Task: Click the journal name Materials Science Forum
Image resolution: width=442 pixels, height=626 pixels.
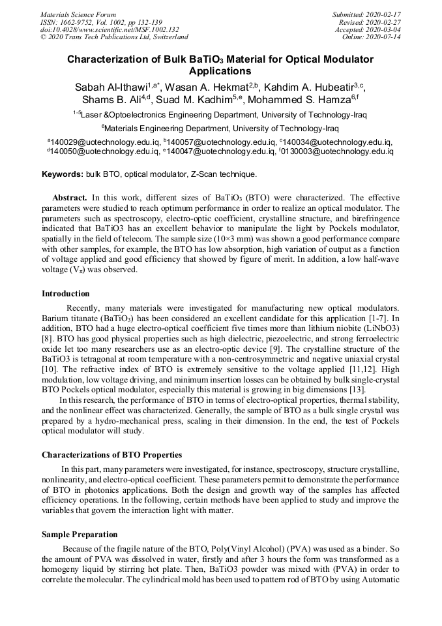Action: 78,14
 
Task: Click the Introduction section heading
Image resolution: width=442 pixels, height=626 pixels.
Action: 66,294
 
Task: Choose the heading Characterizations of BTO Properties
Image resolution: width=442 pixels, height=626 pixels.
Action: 111,454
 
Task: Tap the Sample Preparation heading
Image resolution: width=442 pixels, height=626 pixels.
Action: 80,535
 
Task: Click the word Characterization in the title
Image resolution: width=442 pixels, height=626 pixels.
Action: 109,59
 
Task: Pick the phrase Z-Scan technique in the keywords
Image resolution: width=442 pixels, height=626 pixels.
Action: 224,174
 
